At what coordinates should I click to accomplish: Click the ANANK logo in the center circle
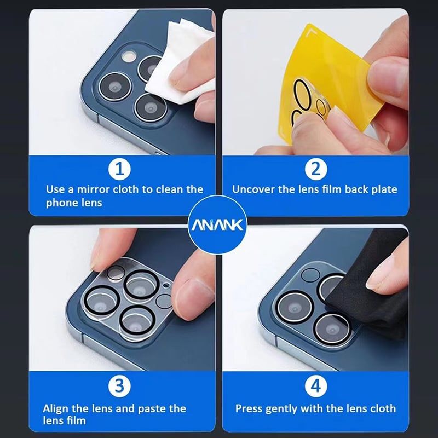(217, 225)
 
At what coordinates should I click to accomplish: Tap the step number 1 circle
(119, 169)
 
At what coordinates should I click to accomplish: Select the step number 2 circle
(316, 169)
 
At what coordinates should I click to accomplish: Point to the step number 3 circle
(119, 387)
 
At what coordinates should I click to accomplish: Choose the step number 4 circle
(316, 387)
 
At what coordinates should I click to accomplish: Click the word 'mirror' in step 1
(93, 189)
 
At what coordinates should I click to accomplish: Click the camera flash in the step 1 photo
(129, 55)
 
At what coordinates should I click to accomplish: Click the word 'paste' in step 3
(153, 409)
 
